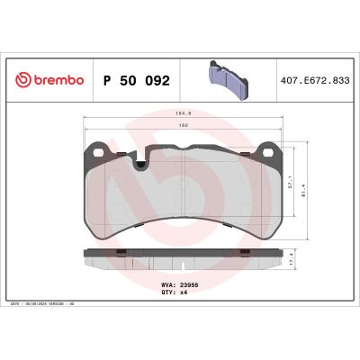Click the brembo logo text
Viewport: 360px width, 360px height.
click(57, 80)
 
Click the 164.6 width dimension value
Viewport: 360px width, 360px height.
click(183, 114)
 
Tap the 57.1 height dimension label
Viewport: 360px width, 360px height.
click(292, 181)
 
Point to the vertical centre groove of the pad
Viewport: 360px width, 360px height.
click(183, 193)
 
